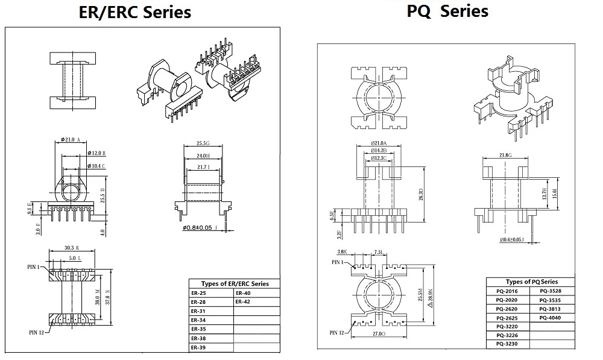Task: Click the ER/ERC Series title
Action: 135,12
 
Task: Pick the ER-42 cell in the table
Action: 243,302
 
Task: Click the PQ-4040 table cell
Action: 550,317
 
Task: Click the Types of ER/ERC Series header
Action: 234,283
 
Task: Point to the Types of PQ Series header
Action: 531,282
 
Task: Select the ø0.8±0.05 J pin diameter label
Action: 203,229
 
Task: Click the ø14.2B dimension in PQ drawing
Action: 379,150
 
